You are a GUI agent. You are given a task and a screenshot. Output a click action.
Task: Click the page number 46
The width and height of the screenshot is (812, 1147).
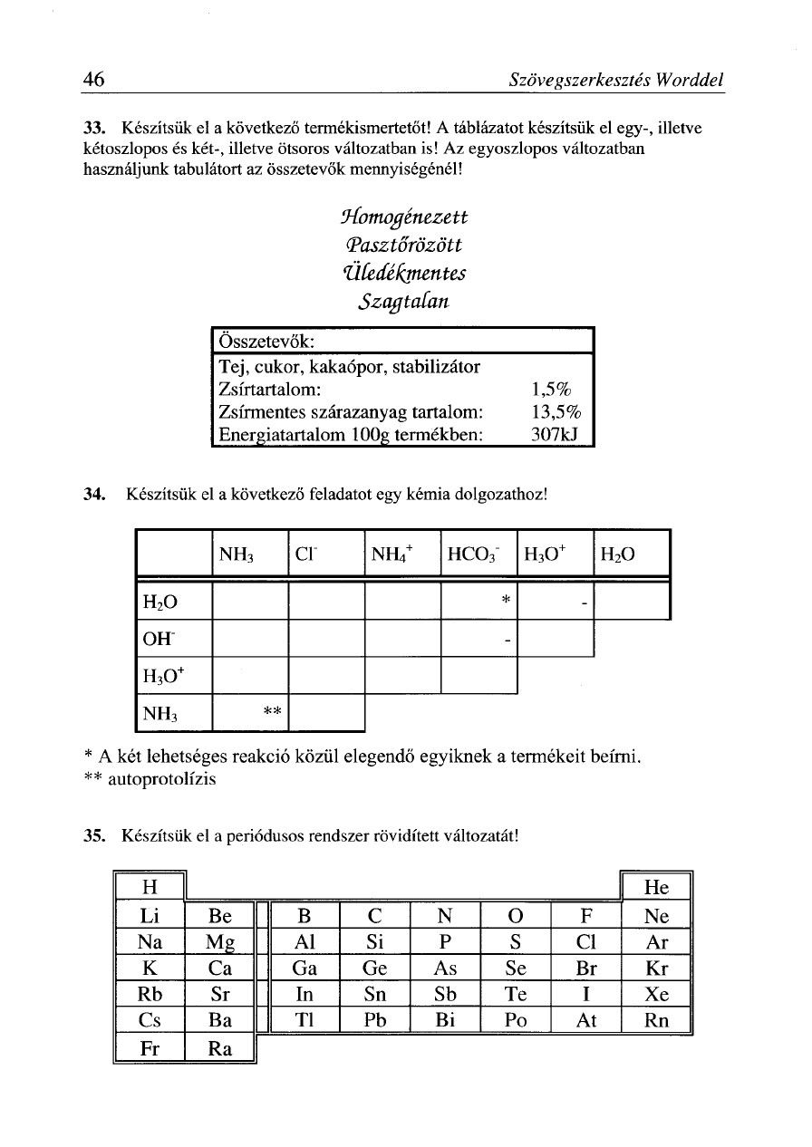[x=92, y=80]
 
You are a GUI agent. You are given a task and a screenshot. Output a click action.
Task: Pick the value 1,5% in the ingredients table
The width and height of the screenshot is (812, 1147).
[x=550, y=390]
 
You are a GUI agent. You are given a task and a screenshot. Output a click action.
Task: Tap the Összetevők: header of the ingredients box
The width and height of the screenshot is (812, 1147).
[x=267, y=342]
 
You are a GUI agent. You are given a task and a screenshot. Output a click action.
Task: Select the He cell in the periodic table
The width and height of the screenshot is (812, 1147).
[x=655, y=888]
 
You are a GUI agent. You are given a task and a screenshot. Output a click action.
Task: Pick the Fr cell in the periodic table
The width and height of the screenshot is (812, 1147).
[x=150, y=1049]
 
